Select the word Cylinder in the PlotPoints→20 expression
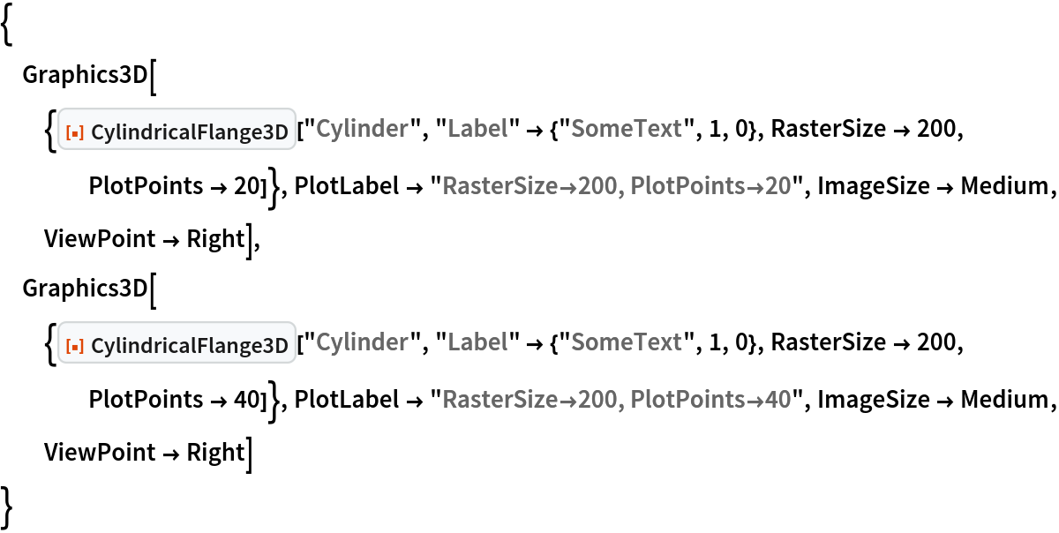click(x=362, y=130)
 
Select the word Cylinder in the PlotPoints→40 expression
click(x=362, y=343)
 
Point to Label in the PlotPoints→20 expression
click(x=477, y=130)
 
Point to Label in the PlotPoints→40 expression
click(x=477, y=343)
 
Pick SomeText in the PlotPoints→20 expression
click(x=626, y=130)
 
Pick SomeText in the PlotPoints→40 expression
click(x=626, y=343)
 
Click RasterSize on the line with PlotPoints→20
click(x=499, y=187)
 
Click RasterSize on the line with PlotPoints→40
click(x=499, y=401)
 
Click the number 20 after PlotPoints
click(x=777, y=187)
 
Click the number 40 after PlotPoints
click(x=777, y=401)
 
